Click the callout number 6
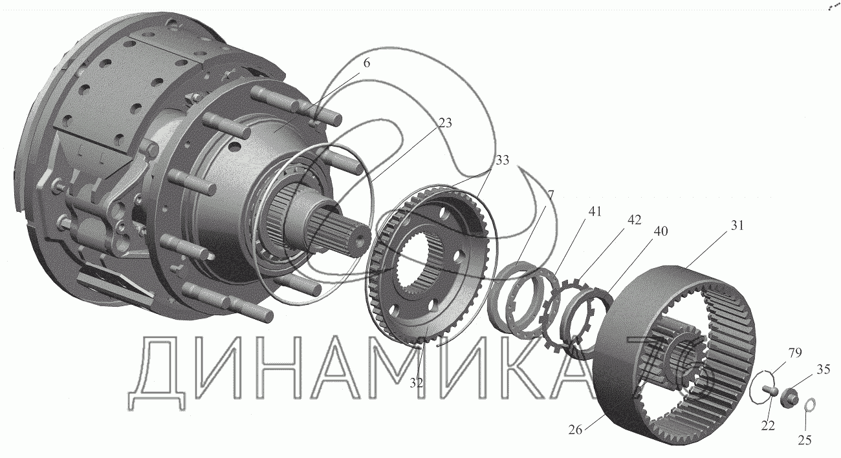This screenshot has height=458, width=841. pyautogui.click(x=366, y=63)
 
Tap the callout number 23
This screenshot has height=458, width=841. pyautogui.click(x=445, y=123)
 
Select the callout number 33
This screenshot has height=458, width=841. pyautogui.click(x=502, y=160)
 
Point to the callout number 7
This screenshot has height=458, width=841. pyautogui.click(x=551, y=195)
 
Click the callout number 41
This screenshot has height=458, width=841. pyautogui.click(x=595, y=211)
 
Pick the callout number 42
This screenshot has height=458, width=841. pyautogui.click(x=634, y=220)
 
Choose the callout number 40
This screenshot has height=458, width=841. pyautogui.click(x=661, y=231)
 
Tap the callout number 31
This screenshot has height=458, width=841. pyautogui.click(x=736, y=225)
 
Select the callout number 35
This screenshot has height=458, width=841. pyautogui.click(x=824, y=370)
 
